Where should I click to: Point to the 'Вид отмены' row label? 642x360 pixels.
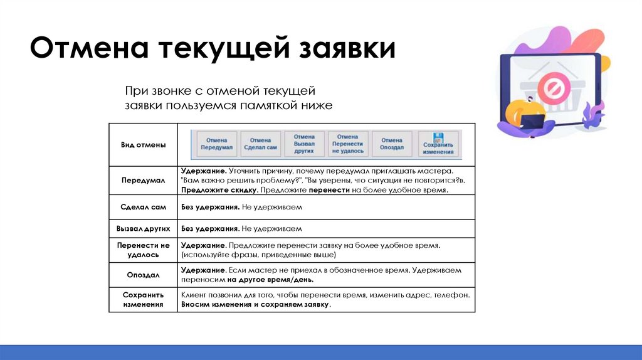[144, 145]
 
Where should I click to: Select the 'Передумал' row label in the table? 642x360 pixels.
[144, 181]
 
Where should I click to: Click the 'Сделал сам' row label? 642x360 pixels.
[144, 206]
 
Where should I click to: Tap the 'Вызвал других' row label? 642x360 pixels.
[144, 229]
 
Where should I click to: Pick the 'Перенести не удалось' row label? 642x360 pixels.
[144, 250]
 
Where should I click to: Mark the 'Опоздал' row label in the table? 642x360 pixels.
[144, 275]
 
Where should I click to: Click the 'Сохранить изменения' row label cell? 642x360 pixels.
[144, 299]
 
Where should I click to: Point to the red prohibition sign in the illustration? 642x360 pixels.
[554, 89]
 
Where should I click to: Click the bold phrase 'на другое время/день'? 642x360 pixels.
[270, 280]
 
